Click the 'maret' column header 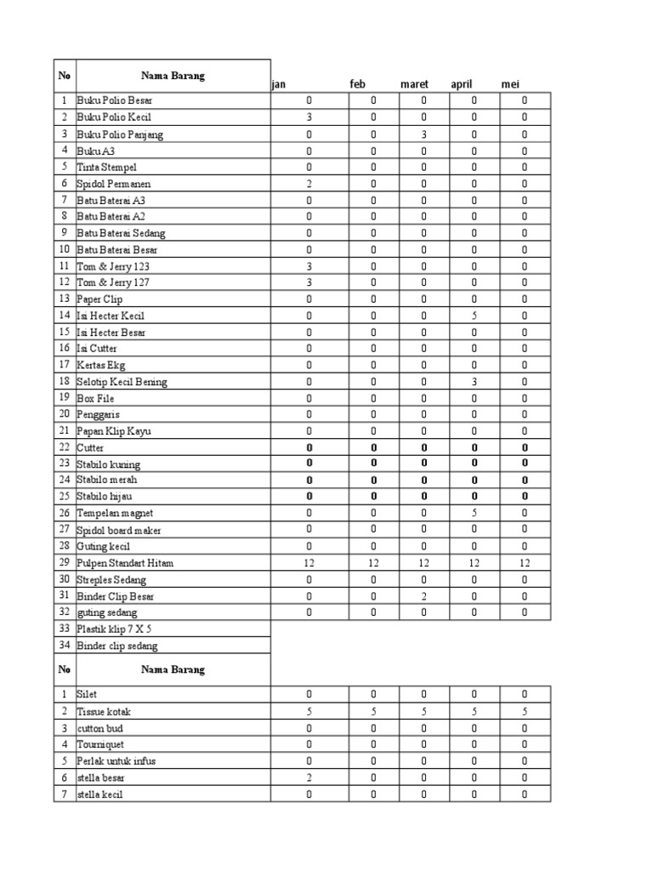click(x=415, y=84)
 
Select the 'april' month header click(x=462, y=84)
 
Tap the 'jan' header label click(x=278, y=84)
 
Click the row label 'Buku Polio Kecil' click(x=114, y=117)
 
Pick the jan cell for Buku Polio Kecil click(x=309, y=117)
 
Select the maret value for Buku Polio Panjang click(x=424, y=134)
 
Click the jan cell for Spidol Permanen click(x=309, y=184)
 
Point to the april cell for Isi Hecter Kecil click(x=474, y=316)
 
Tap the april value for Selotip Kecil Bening click(x=474, y=382)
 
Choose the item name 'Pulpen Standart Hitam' click(x=125, y=563)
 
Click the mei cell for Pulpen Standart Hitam click(x=525, y=563)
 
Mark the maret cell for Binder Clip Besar click(x=424, y=596)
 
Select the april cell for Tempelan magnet click(x=474, y=513)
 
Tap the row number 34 click(x=64, y=646)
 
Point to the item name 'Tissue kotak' click(x=104, y=711)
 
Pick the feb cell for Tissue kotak click(x=374, y=711)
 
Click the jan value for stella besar click(x=309, y=777)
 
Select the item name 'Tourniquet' click(x=100, y=744)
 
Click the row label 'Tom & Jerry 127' click(x=113, y=282)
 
